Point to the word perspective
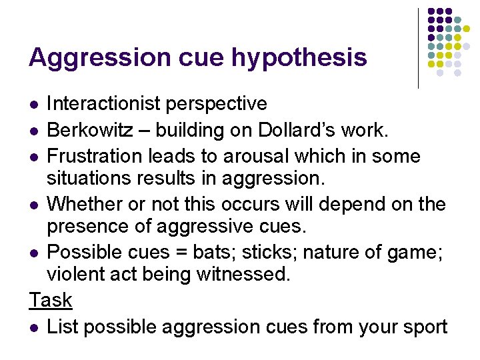click(x=223, y=104)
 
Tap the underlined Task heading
click(x=51, y=300)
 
